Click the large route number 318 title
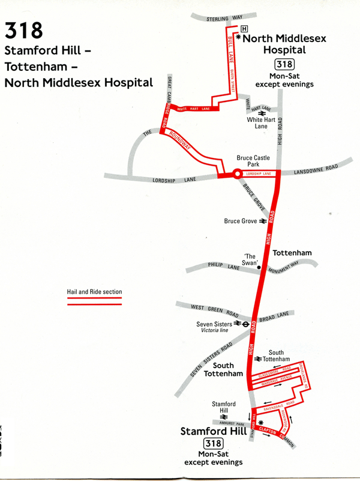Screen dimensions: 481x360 click(x=23, y=30)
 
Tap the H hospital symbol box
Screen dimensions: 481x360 click(x=244, y=29)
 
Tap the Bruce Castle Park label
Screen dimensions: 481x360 click(x=253, y=161)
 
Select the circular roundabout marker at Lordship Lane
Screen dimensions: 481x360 click(x=237, y=174)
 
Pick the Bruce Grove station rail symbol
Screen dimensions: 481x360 click(x=262, y=221)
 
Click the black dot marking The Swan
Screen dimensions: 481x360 click(x=259, y=268)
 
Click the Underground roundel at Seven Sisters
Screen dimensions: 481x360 click(x=246, y=323)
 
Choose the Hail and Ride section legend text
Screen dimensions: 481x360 click(x=94, y=292)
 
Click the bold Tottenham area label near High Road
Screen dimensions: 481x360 click(x=292, y=253)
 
